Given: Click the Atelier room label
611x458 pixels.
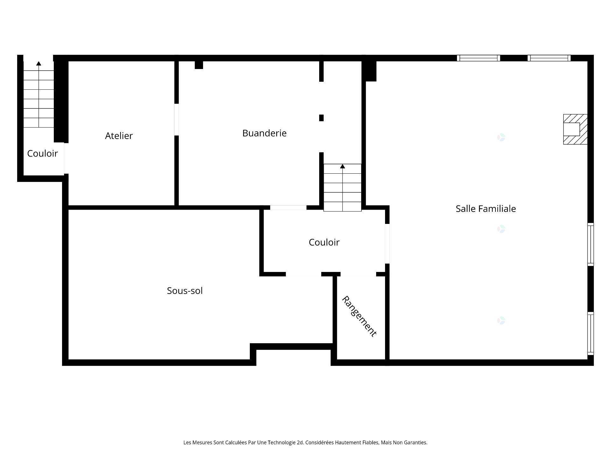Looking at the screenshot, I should click(x=119, y=136).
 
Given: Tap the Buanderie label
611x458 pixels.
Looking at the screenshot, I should click(x=264, y=133).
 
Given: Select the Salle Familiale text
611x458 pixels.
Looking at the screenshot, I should click(x=486, y=209).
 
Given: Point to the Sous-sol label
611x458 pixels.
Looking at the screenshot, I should click(x=185, y=290).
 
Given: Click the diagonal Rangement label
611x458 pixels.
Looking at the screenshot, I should click(x=359, y=316).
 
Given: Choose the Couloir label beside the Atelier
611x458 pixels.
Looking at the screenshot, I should click(x=42, y=153).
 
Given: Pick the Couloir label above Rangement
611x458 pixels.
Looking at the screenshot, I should click(x=324, y=242).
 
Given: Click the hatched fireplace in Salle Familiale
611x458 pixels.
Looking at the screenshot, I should click(x=575, y=129).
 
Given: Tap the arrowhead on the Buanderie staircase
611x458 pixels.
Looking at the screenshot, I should click(x=342, y=166).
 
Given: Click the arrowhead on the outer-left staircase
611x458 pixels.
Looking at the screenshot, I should click(x=39, y=63).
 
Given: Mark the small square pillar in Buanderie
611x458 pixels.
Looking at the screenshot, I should click(x=321, y=118).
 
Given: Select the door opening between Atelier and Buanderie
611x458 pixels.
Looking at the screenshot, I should click(x=176, y=119).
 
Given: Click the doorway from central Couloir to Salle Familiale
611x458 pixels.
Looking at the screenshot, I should click(x=387, y=244).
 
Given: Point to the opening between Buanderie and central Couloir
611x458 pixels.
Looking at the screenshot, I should click(x=288, y=208).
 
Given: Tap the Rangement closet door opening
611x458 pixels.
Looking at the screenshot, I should click(x=358, y=274).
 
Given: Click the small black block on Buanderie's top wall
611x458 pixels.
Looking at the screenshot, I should click(x=199, y=65).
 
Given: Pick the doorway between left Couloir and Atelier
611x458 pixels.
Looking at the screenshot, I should click(x=66, y=158).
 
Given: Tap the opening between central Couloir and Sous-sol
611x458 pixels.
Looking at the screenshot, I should click(x=303, y=274).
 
